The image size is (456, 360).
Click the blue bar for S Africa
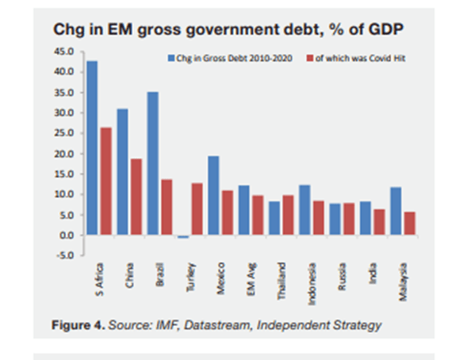(93, 148)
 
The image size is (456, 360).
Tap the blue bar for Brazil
(153, 163)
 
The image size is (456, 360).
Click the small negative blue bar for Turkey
(183, 237)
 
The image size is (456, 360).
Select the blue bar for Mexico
(213, 195)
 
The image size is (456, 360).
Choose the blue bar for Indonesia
(305, 210)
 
